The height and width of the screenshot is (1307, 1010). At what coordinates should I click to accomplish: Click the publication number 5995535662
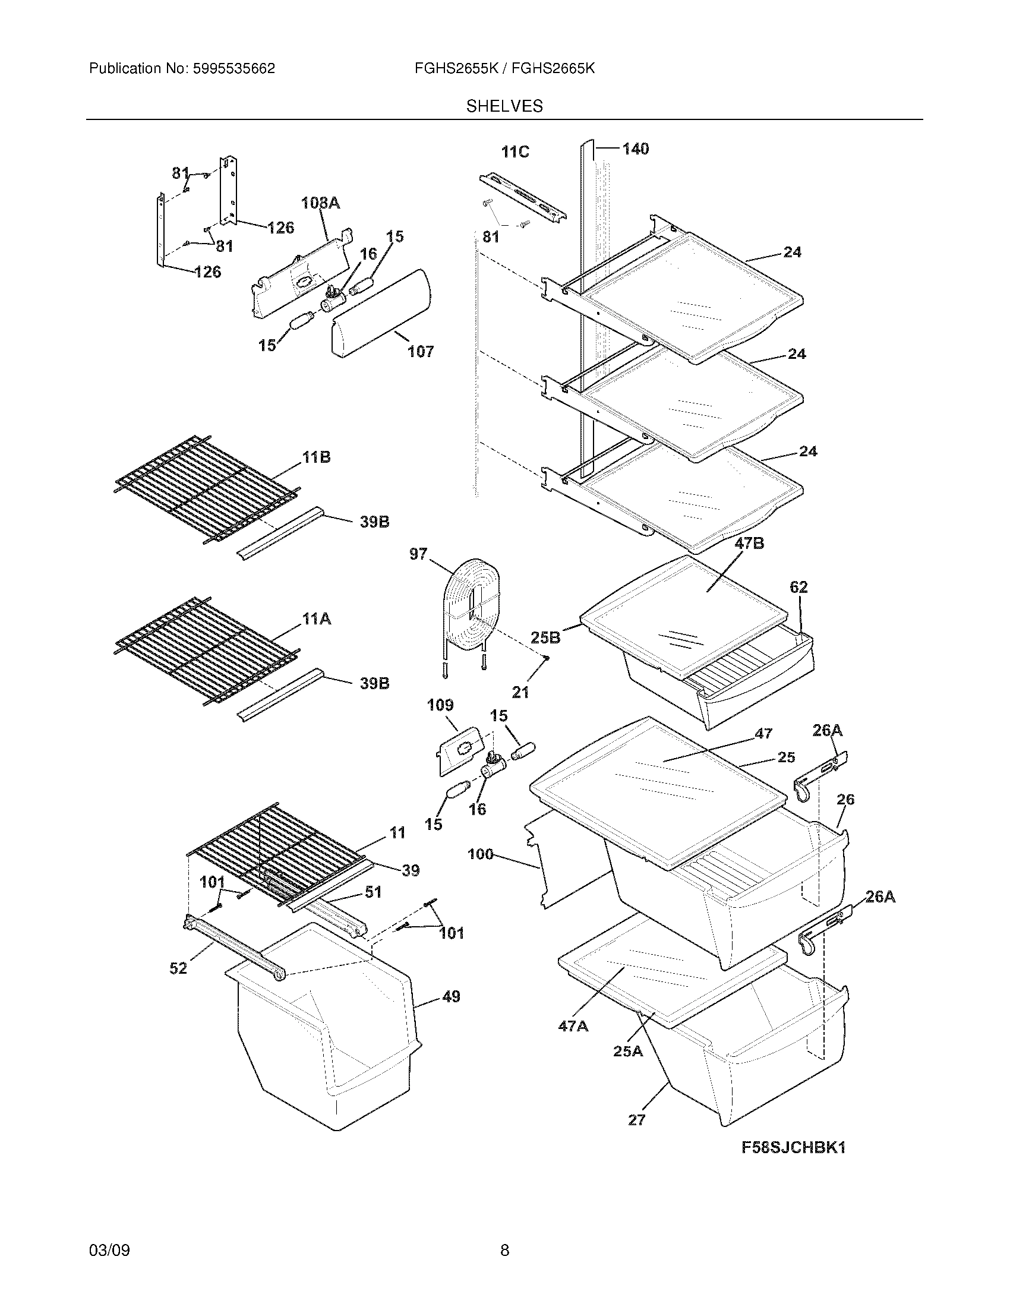[233, 69]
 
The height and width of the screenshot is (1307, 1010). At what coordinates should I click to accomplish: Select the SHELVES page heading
[504, 106]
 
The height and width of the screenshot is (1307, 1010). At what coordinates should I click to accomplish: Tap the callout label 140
[635, 149]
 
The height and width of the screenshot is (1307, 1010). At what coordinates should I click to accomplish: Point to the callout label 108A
[320, 203]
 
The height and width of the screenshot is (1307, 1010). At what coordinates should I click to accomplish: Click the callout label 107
[420, 352]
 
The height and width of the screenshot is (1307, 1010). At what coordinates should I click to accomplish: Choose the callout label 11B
[316, 458]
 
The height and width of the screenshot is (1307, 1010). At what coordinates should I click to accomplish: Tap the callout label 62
[798, 588]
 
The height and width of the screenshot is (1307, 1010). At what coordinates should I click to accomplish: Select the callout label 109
[440, 706]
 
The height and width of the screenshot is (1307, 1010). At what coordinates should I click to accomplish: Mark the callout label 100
[481, 854]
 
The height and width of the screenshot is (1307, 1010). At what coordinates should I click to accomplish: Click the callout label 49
[451, 997]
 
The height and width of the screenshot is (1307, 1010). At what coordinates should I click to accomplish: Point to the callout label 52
[178, 968]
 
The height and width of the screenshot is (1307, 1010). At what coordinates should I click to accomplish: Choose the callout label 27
[637, 1120]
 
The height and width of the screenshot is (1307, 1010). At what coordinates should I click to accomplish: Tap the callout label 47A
[573, 1027]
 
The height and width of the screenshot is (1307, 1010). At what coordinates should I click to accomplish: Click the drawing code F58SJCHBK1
[793, 1148]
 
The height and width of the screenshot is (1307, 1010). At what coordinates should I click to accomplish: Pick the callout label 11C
[515, 153]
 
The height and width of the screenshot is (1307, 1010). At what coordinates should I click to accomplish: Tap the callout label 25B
[545, 638]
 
